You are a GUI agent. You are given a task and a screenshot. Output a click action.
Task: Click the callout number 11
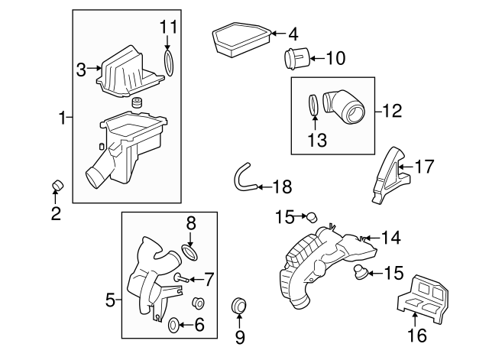point(168,28)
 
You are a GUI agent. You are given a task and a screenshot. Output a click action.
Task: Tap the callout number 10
point(335,57)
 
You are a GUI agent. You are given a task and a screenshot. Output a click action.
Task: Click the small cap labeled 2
point(56,185)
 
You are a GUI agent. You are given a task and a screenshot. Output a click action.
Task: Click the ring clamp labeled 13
point(313,105)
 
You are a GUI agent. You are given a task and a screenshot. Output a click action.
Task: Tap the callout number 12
point(391,111)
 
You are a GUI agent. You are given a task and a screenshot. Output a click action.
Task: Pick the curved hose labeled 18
point(243,180)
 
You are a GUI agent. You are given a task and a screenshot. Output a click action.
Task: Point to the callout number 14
point(390,238)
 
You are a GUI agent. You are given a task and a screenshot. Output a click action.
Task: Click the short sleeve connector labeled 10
point(296,58)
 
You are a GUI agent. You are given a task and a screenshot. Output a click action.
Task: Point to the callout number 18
point(283,186)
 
